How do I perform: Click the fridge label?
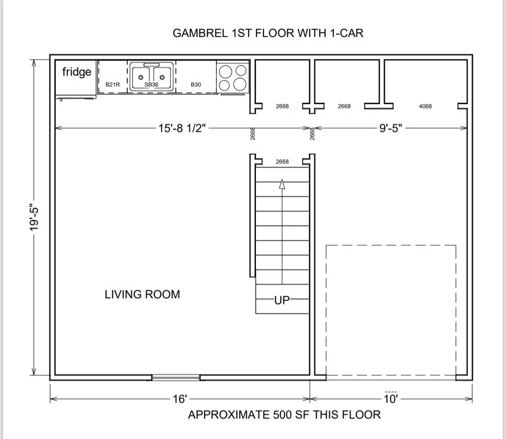tap(77, 72)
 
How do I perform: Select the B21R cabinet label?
tap(112, 85)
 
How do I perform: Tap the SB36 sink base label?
tap(151, 85)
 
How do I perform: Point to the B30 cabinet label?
tap(196, 85)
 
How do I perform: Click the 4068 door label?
tap(425, 106)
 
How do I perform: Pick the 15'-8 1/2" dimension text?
tap(182, 128)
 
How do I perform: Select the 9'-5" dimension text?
tap(391, 128)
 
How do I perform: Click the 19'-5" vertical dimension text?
tap(34, 217)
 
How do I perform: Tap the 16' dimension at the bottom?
tap(180, 399)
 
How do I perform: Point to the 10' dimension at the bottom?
tap(391, 399)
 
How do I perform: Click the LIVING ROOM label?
tap(142, 294)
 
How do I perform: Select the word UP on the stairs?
tap(282, 300)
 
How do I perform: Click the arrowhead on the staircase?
tap(282, 184)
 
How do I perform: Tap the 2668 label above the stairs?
tap(282, 162)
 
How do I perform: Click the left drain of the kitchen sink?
tap(141, 77)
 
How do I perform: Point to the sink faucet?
tap(151, 65)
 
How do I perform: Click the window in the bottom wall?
tap(176, 377)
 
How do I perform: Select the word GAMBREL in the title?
tap(201, 33)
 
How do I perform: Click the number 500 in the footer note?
tap(283, 415)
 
